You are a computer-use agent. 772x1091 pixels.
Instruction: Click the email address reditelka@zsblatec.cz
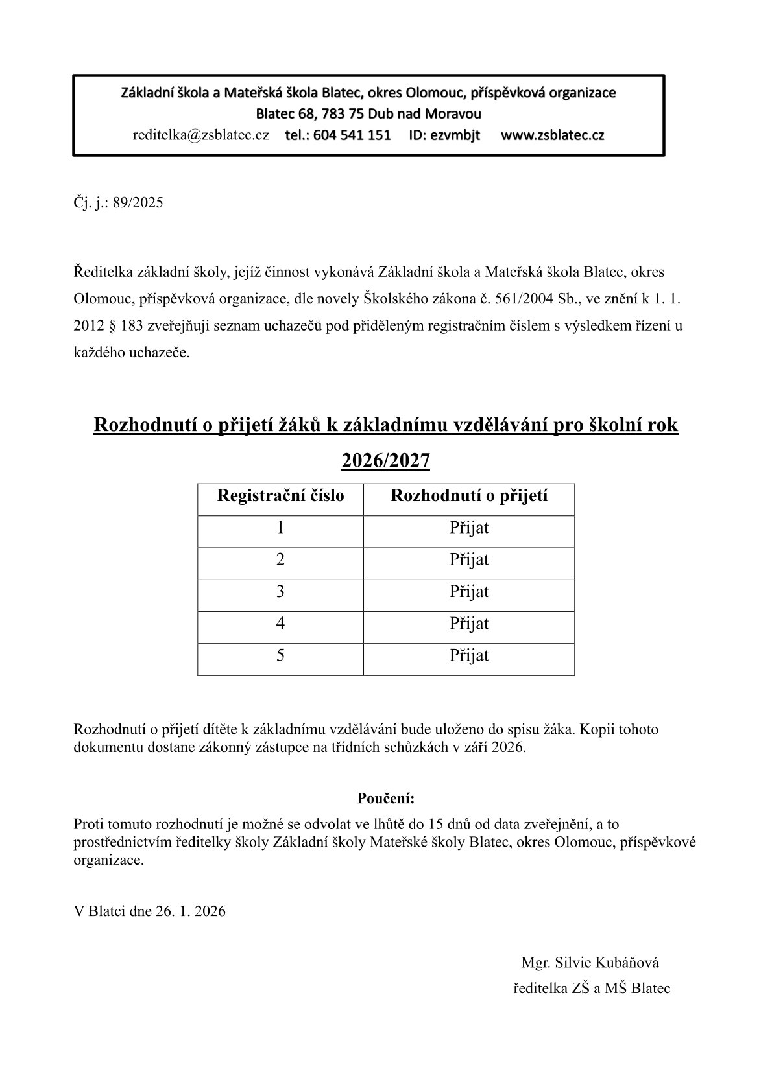pyautogui.click(x=200, y=135)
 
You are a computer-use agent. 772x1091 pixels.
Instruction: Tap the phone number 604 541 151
pyautogui.click(x=352, y=135)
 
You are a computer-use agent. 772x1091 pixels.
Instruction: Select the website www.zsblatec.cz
pyautogui.click(x=552, y=135)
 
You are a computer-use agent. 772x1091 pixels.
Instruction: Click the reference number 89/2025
pyautogui.click(x=138, y=203)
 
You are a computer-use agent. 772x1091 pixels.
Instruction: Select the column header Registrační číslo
pyautogui.click(x=280, y=496)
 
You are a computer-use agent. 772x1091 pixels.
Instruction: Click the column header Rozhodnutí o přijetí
pyautogui.click(x=469, y=496)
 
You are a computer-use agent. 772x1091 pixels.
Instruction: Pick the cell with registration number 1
pyautogui.click(x=280, y=528)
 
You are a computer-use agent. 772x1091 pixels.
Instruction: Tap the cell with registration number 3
pyautogui.click(x=280, y=591)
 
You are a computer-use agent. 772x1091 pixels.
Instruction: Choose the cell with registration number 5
pyautogui.click(x=280, y=655)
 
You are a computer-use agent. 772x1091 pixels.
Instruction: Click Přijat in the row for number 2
pyautogui.click(x=469, y=559)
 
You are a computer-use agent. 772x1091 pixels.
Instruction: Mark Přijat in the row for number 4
pyautogui.click(x=469, y=624)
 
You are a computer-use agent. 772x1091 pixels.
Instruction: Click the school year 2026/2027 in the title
pyautogui.click(x=385, y=460)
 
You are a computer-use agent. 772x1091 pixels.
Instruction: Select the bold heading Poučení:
pyautogui.click(x=385, y=797)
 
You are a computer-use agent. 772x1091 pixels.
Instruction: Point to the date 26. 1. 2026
pyautogui.click(x=191, y=911)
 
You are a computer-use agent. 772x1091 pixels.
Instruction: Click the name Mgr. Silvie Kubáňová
pyautogui.click(x=590, y=963)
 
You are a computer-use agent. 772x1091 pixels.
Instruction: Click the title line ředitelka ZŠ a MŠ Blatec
pyautogui.click(x=592, y=989)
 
